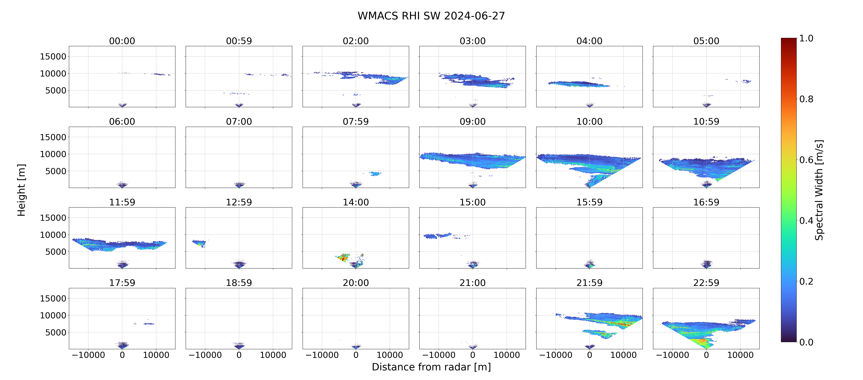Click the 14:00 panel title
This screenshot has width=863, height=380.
click(x=356, y=202)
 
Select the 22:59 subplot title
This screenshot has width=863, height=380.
click(x=706, y=283)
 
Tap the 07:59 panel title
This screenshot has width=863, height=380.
click(x=356, y=122)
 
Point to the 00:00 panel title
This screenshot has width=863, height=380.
click(x=122, y=41)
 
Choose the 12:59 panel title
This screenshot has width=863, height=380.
click(x=239, y=202)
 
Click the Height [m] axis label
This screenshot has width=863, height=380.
click(x=21, y=190)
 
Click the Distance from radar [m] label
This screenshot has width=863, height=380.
click(x=431, y=367)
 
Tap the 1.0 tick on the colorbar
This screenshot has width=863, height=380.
click(x=806, y=39)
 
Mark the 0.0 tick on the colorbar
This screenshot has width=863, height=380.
click(x=806, y=342)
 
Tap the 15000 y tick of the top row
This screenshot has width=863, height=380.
click(x=53, y=57)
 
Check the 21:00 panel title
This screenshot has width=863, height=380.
click(x=472, y=283)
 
